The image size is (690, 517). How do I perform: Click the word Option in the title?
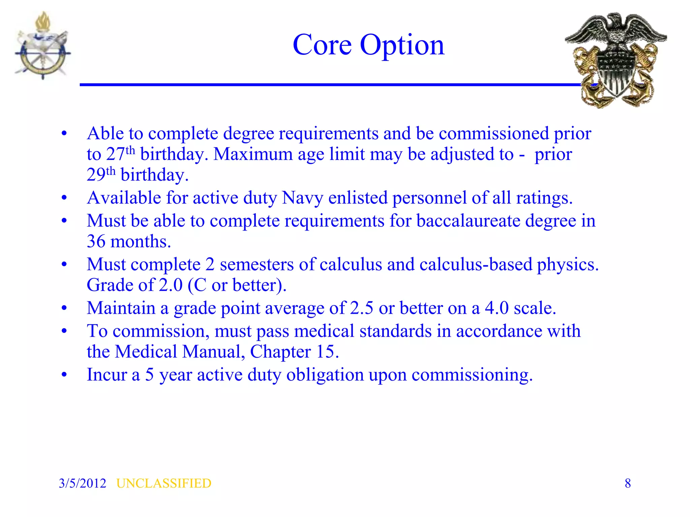pos(402,46)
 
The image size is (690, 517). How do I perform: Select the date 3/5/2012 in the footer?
pos(83,483)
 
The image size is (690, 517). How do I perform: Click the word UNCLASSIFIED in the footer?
pos(164,483)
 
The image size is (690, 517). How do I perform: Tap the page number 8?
pos(628,483)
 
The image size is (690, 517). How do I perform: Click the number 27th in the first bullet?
pos(121,154)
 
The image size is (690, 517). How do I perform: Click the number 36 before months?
pos(96,242)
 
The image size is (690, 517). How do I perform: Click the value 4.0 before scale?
pos(497,308)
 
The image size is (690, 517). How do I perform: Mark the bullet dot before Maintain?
pos(64,308)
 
